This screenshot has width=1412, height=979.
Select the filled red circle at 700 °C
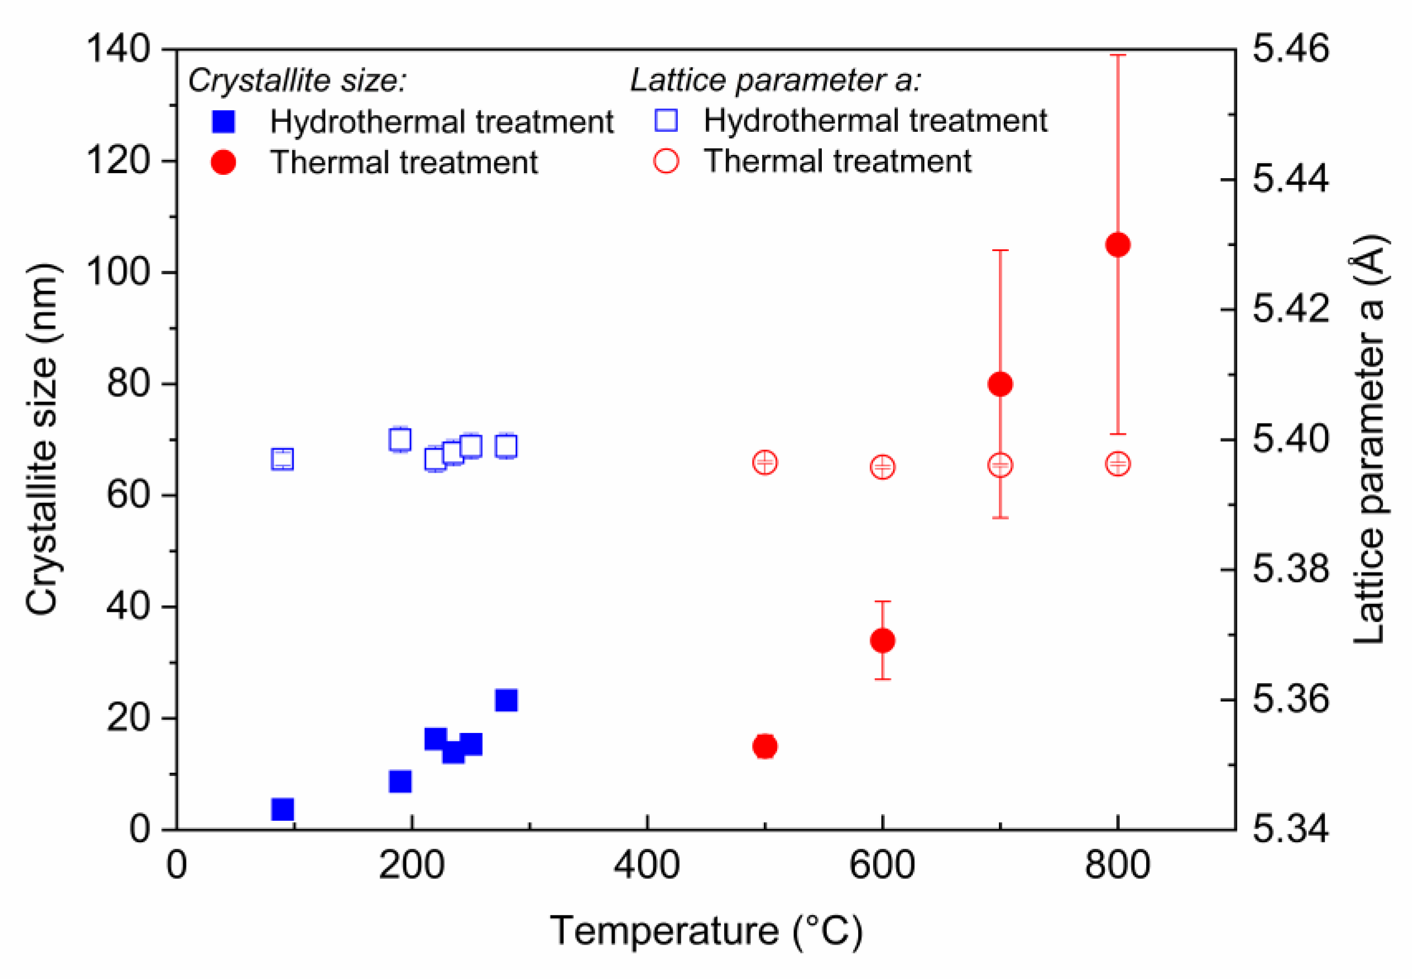[1000, 384]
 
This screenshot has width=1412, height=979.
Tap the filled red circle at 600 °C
[882, 640]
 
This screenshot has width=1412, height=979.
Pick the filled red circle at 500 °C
[765, 746]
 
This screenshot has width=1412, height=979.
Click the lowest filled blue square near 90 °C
[282, 810]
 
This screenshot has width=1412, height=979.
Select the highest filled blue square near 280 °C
[506, 700]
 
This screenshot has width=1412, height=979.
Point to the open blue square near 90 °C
[282, 459]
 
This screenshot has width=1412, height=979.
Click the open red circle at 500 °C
[765, 463]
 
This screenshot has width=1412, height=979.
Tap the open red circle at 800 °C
[1117, 464]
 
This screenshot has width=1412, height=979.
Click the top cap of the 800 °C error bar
[1117, 55]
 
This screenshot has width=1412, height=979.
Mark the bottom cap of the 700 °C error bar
[1000, 518]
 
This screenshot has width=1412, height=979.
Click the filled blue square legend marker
[223, 121]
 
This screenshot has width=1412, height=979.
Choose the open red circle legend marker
[666, 161]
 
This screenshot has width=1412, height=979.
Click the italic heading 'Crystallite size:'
[297, 81]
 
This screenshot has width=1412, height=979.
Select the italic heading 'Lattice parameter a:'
[775, 81]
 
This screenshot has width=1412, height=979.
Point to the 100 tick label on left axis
[118, 272]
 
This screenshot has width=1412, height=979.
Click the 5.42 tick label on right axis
[1290, 308]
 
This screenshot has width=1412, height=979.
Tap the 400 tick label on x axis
[646, 865]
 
